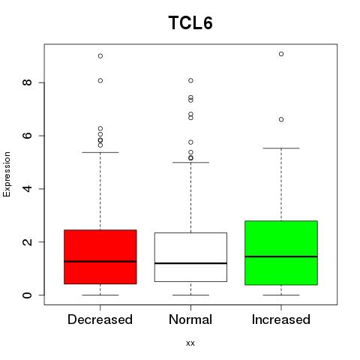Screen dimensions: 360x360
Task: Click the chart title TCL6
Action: (x=190, y=22)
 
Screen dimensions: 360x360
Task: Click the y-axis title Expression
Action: (x=7, y=174)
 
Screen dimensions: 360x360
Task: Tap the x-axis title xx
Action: (x=190, y=343)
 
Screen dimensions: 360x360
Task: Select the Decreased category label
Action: (x=100, y=319)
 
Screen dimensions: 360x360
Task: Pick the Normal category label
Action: (x=190, y=319)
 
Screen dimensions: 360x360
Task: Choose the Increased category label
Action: (x=281, y=319)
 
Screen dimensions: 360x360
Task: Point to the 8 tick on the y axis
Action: (x=28, y=82)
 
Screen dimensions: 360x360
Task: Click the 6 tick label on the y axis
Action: (x=28, y=136)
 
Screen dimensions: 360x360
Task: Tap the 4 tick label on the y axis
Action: (x=28, y=189)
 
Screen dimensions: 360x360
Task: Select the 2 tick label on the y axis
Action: (x=28, y=241)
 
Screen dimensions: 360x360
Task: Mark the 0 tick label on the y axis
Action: (x=28, y=295)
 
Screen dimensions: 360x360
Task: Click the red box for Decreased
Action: (x=100, y=256)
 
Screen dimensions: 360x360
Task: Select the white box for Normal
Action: (x=190, y=257)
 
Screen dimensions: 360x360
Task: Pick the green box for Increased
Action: (x=281, y=253)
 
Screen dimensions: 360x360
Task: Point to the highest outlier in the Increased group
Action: (x=281, y=54)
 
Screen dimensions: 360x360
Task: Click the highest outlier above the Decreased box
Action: (x=100, y=56)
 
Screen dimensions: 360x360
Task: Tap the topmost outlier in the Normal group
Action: (x=190, y=80)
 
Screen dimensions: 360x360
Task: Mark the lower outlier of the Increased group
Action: (x=281, y=119)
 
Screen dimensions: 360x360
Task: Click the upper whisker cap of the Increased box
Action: (x=281, y=148)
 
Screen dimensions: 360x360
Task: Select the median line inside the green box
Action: (x=281, y=256)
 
